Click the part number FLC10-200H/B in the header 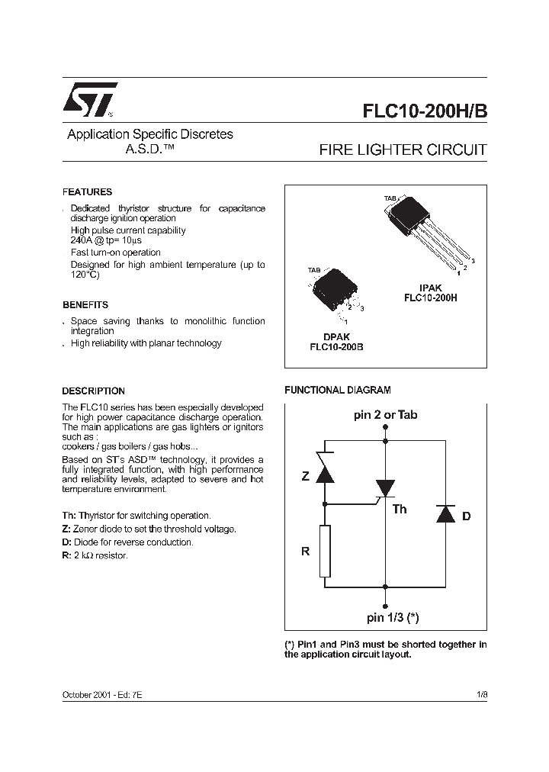tap(424, 111)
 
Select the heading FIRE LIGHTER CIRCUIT tap(402, 150)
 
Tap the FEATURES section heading tap(87, 192)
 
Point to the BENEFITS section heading tap(85, 304)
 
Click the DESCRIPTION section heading tap(93, 391)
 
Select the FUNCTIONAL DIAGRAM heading tap(337, 390)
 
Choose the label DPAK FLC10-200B tap(336, 340)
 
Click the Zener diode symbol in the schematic tap(326, 471)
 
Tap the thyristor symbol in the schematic tap(385, 489)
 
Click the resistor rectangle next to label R tap(326, 551)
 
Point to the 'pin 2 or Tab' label tap(385, 416)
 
